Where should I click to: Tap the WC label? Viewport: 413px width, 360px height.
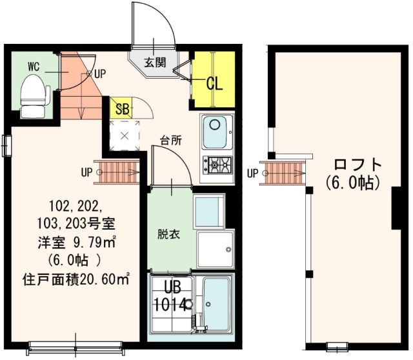34,66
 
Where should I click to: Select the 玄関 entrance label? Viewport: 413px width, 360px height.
154,63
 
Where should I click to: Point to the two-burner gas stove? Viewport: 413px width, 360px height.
217,165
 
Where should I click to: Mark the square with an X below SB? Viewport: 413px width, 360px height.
124,135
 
